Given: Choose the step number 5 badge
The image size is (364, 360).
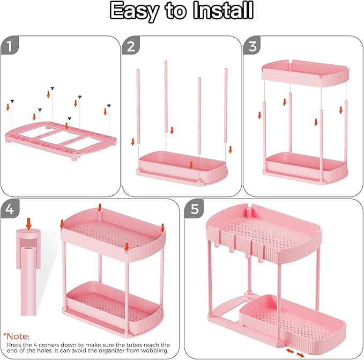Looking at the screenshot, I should coord(194,209).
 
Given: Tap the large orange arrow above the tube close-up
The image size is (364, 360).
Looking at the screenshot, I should coord(29,222).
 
